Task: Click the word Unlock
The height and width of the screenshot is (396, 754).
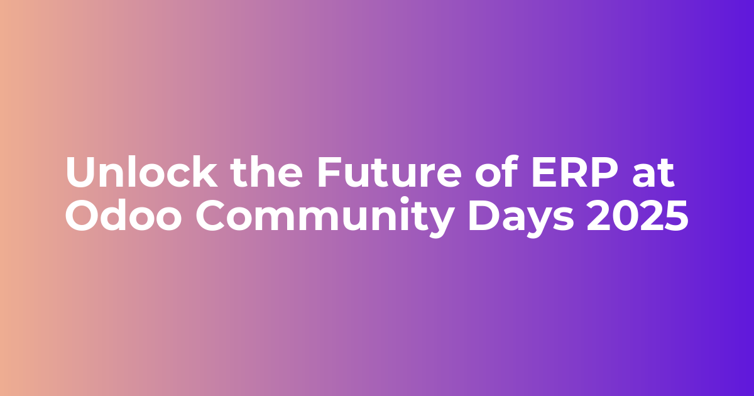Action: point(141,172)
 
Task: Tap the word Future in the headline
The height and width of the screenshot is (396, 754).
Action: point(390,172)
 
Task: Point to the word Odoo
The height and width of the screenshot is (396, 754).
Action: point(124,214)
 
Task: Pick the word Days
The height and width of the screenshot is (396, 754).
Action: point(521,218)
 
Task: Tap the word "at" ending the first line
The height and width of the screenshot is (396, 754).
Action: point(653,174)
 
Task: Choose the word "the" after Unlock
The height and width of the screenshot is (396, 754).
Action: point(266,172)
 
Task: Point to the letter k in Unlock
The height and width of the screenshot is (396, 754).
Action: point(204,172)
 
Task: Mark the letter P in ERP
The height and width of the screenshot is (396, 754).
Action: point(605,172)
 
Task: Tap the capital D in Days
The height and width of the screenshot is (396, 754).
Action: point(483,216)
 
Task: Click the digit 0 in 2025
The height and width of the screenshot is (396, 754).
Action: point(625,216)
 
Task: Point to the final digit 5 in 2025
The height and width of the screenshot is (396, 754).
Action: point(677,216)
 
